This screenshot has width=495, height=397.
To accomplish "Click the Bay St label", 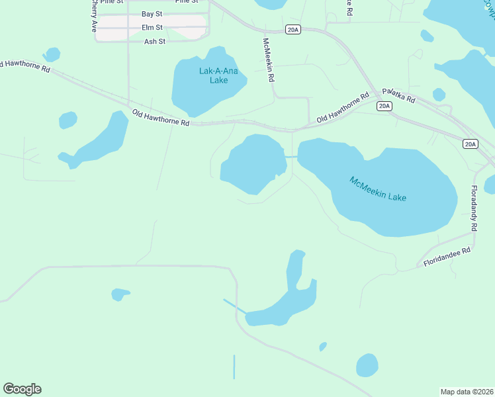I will (x=152, y=14).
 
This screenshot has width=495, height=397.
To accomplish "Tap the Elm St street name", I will (x=152, y=27).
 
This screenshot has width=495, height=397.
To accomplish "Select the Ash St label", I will (x=154, y=41).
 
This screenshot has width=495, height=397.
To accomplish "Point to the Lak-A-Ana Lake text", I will (x=209, y=75).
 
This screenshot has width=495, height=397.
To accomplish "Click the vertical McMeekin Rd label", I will (x=269, y=58).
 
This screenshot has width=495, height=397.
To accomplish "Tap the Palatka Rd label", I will (x=398, y=95).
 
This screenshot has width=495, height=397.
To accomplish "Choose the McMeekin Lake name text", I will (x=378, y=189).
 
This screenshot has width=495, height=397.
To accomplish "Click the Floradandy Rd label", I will (x=474, y=208).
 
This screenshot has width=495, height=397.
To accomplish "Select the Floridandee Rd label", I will (x=447, y=257).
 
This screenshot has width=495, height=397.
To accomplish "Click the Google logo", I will (x=22, y=389).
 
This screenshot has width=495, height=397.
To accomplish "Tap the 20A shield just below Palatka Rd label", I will (x=384, y=107).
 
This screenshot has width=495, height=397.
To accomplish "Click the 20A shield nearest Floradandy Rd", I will (x=470, y=144).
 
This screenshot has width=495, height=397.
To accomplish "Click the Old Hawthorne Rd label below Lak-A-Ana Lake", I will (x=161, y=118).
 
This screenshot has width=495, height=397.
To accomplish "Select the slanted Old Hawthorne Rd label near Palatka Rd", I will (x=342, y=108).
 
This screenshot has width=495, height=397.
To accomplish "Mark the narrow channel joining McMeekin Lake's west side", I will (x=291, y=157).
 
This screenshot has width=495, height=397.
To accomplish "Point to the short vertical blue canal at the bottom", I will (x=234, y=367).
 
